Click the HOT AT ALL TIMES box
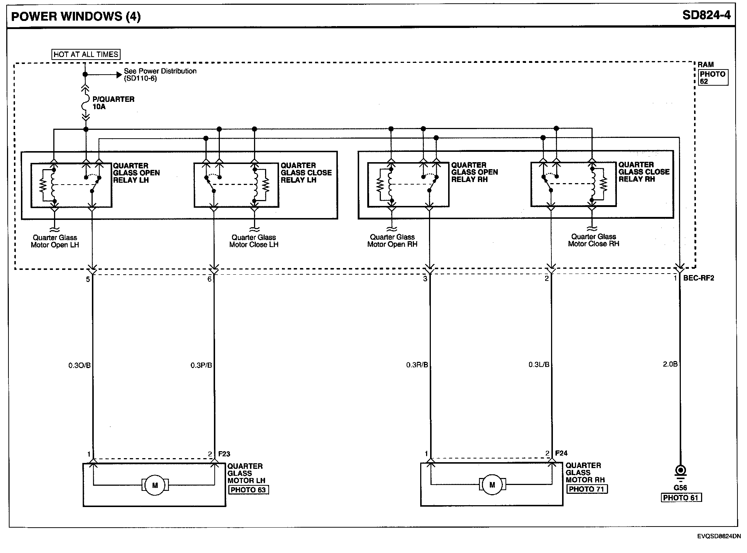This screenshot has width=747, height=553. tap(86, 54)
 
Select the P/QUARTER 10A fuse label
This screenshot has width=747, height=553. tap(113, 103)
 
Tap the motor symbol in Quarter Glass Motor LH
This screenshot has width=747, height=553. tap(155, 485)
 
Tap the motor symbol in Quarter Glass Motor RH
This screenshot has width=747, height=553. tap(492, 485)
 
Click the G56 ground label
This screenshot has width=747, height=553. tap(680, 488)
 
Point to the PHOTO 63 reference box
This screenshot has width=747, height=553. tap(249, 490)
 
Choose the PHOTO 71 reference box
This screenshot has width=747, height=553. tap(587, 489)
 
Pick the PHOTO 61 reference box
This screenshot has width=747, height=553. tap(682, 497)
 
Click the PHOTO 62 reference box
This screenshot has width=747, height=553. tap(712, 78)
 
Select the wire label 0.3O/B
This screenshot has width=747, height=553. tap(79, 365)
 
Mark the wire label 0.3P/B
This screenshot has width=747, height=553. tap(201, 365)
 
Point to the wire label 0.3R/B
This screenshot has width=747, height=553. tap(417, 365)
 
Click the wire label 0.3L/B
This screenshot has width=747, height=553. tap(539, 365)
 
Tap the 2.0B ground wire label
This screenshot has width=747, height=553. tap(670, 364)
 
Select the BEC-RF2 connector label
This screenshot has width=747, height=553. tap(698, 278)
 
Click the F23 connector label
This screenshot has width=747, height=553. tap(224, 454)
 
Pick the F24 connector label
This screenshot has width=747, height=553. tap(561, 453)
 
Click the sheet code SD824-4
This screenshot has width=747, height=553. tap(706, 15)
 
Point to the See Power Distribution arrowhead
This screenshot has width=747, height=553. tap(119, 75)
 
